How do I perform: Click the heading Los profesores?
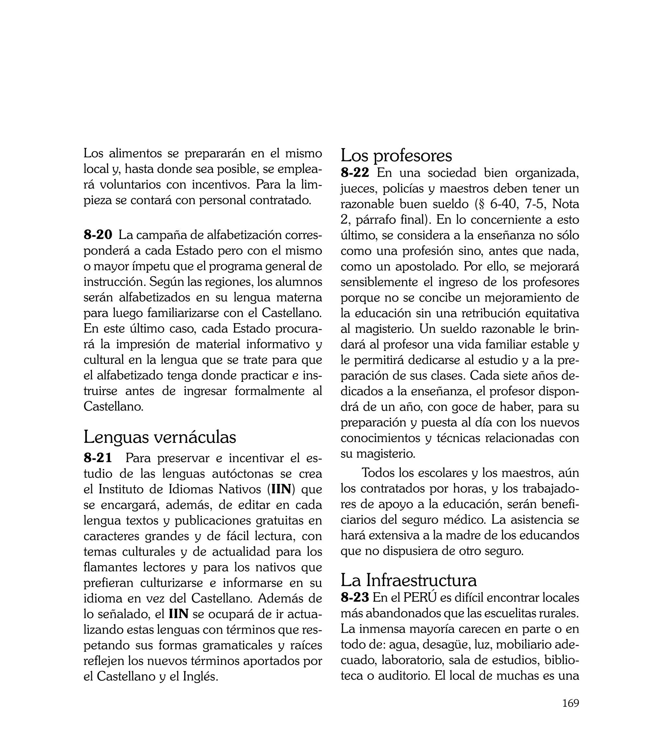tap(396, 156)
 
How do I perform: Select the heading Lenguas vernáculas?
tap(160, 437)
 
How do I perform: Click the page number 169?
tap(570, 713)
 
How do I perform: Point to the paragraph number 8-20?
tap(98, 235)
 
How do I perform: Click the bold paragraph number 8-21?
tap(98, 458)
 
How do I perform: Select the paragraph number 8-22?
tap(355, 173)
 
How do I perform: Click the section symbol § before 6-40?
tap(481, 204)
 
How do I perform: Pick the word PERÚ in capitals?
tap(420, 598)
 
